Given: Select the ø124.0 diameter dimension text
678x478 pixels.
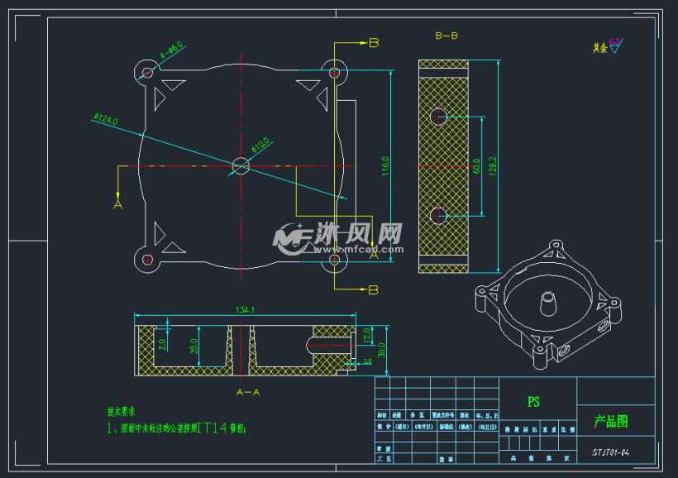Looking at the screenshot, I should point(106,121).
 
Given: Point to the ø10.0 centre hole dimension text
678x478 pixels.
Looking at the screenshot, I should point(260,146).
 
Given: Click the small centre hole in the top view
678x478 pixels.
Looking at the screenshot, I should point(241,165).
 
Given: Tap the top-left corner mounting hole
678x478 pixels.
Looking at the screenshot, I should point(148,73).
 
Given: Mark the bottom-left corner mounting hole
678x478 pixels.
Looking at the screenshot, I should point(148,260).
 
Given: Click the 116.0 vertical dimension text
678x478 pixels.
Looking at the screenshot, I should point(384,166).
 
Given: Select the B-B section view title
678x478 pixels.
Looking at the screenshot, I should point(446,36).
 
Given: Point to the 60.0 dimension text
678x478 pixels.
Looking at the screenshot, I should point(475,166).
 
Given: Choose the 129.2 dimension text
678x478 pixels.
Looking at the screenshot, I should point(494,166).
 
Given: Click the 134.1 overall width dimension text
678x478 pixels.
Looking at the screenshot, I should point(245,310).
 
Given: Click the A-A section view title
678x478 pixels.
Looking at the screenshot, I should point(248,391).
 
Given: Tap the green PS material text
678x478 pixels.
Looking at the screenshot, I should point(533,402).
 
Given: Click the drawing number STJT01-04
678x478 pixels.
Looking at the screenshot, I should point(611,452).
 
